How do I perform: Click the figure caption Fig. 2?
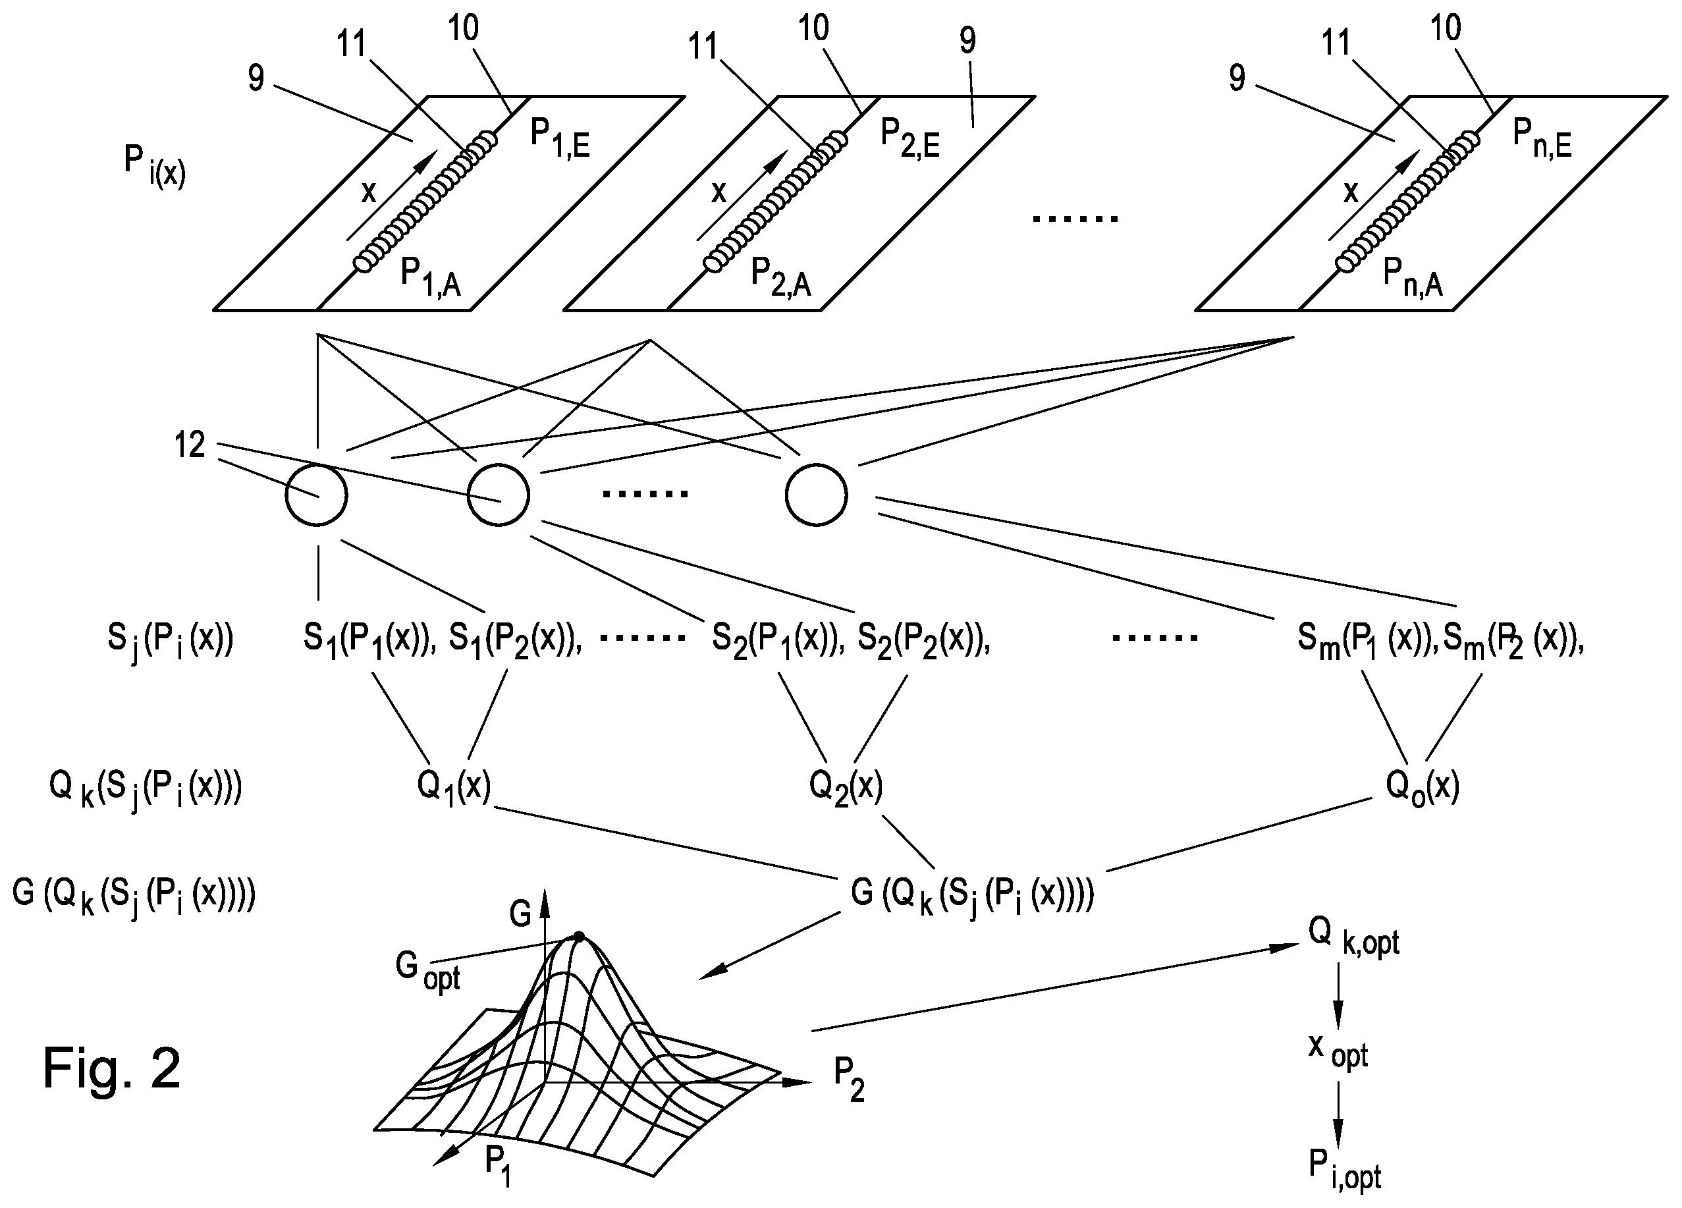111,1068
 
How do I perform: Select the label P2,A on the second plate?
781,278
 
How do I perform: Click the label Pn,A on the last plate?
1413,278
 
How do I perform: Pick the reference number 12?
189,445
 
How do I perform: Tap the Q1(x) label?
454,786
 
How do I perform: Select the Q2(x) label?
846,786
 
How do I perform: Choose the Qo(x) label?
1423,786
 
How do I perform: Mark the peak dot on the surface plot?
579,937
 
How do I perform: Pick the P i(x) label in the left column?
155,166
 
